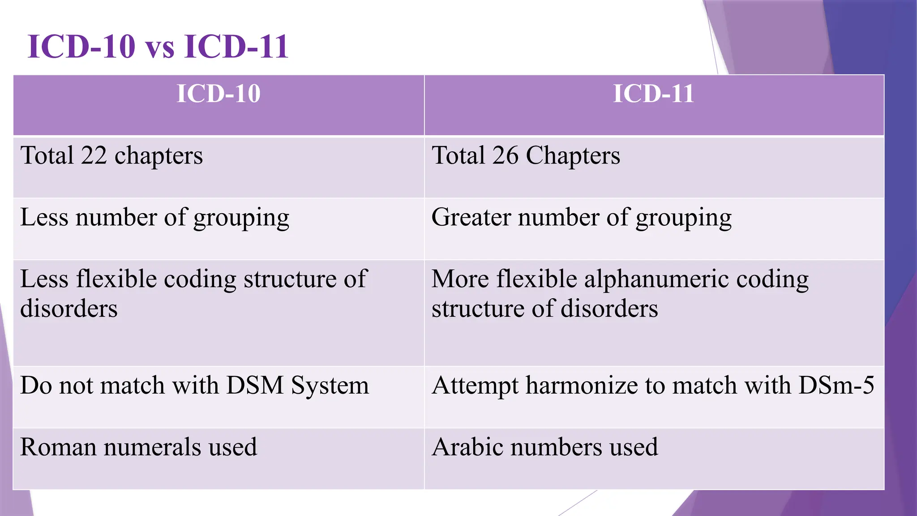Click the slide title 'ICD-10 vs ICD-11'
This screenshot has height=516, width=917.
tap(158, 46)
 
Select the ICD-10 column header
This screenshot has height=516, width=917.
tap(219, 94)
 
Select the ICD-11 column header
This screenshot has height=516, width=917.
tap(653, 94)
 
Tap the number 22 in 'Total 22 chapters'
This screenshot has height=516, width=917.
tap(94, 155)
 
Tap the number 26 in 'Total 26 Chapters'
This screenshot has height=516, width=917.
tap(505, 155)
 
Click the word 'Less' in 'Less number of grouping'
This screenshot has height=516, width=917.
tap(44, 217)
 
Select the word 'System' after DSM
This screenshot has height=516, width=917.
tap(330, 385)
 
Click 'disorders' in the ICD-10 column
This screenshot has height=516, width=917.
tap(69, 309)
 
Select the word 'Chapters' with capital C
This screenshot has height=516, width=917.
tap(573, 156)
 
